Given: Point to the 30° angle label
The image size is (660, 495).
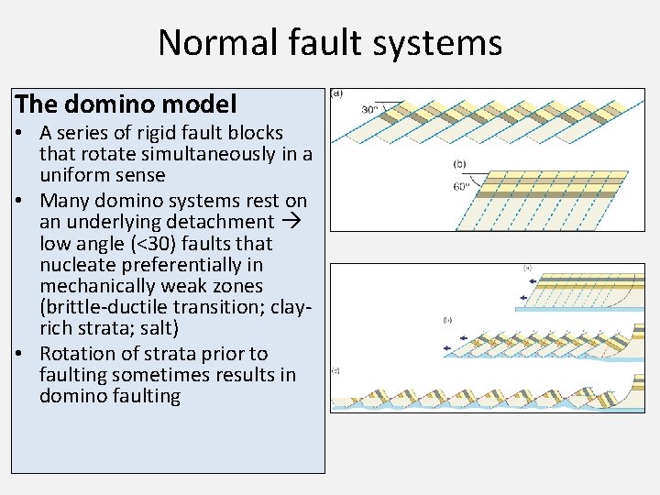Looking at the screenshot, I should (370, 109).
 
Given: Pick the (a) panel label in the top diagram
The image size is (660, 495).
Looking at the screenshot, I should (337, 93).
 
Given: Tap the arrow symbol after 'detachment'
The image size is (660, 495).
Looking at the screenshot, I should (291, 222).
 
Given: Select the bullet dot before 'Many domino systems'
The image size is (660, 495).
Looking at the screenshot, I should (18, 201).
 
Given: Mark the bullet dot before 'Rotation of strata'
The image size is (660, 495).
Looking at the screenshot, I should (18, 354).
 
